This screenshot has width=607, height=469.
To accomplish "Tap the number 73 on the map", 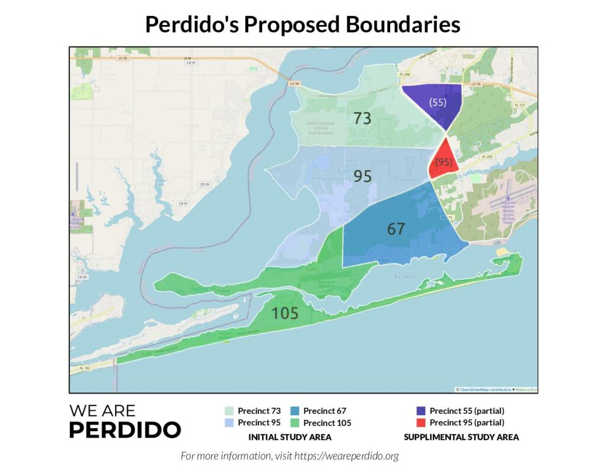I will click(362, 118).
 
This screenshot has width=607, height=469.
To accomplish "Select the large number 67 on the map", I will click(396, 229).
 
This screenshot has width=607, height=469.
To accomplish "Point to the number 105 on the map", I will click(285, 314).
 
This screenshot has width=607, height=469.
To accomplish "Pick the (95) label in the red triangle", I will click(444, 161).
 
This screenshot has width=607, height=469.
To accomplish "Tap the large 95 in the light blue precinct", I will click(362, 176).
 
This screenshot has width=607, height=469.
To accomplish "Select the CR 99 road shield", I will click(205, 184).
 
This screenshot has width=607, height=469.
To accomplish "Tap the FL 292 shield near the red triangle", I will click(487, 156).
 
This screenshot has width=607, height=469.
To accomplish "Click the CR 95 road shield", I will click(81, 277).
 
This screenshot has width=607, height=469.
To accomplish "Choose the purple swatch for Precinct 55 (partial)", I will click(421, 410).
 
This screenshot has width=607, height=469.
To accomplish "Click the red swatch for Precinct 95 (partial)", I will click(421, 423).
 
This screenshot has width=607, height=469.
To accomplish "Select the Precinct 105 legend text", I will click(327, 423).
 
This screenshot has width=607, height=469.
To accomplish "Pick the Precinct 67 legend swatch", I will click(295, 410).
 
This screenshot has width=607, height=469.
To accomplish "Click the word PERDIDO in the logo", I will click(125, 429).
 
